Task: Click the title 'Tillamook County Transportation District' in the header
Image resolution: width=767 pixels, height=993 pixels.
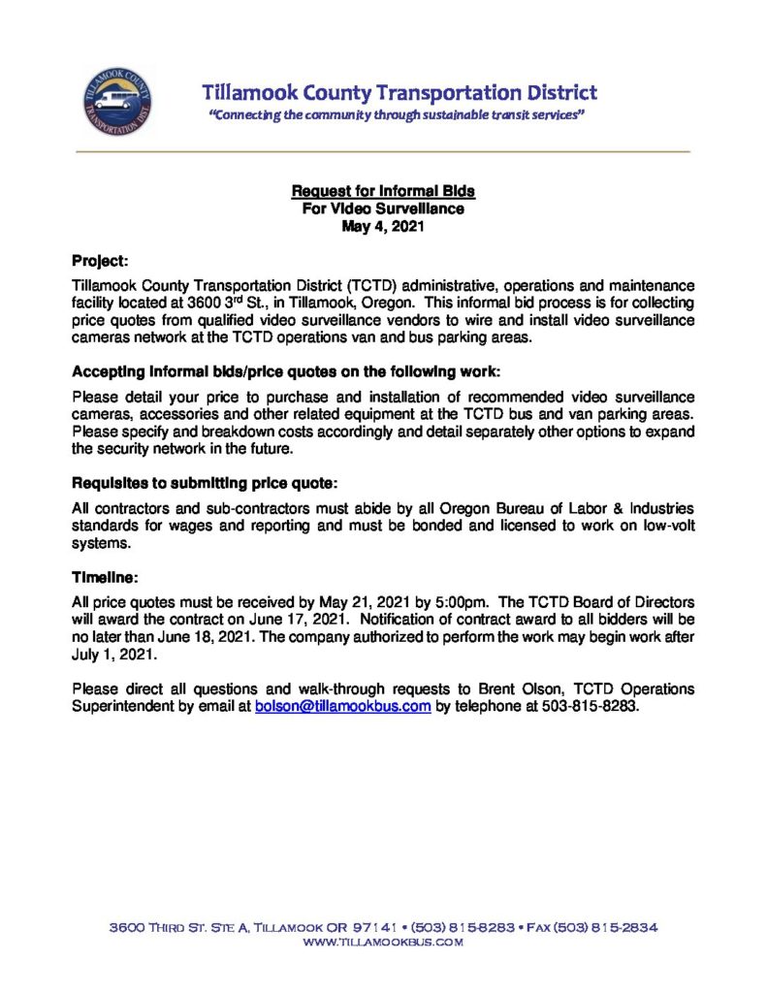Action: (x=399, y=93)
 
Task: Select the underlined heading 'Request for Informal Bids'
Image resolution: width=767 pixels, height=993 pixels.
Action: (x=383, y=192)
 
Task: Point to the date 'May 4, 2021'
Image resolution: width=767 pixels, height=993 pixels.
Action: (x=383, y=225)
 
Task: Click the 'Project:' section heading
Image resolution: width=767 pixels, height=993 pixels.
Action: (x=100, y=261)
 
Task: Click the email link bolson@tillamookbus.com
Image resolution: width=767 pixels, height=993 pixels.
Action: (x=342, y=707)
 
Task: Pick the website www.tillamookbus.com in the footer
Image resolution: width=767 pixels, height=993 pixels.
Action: (x=383, y=943)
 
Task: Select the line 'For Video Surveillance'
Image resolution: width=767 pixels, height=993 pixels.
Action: (x=383, y=208)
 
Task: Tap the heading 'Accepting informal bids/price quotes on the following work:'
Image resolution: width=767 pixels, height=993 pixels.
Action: (x=286, y=372)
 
